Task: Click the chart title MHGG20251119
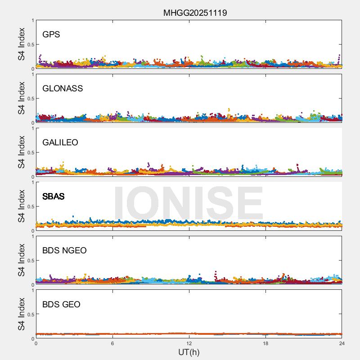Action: [x=195, y=13]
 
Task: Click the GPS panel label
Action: [x=51, y=35]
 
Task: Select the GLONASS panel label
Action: [x=63, y=89]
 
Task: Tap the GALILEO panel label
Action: [x=60, y=143]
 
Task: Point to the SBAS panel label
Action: [x=53, y=197]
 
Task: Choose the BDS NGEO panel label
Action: [x=64, y=251]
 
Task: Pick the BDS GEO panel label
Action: [x=61, y=305]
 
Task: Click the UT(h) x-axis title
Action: [x=189, y=352]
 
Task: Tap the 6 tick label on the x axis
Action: [x=112, y=343]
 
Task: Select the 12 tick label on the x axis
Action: [x=189, y=343]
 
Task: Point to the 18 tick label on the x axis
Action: [x=265, y=343]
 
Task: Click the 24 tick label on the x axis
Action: [x=342, y=343]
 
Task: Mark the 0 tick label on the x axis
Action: [x=36, y=343]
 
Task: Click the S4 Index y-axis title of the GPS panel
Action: [x=22, y=44]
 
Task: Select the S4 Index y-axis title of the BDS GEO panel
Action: [x=22, y=314]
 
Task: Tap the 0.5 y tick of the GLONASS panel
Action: [x=30, y=99]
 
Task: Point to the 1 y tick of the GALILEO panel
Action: [x=32, y=129]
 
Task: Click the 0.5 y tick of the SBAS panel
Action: [x=30, y=207]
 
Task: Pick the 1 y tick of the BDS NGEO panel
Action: [x=32, y=237]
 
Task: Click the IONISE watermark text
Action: [x=188, y=203]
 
